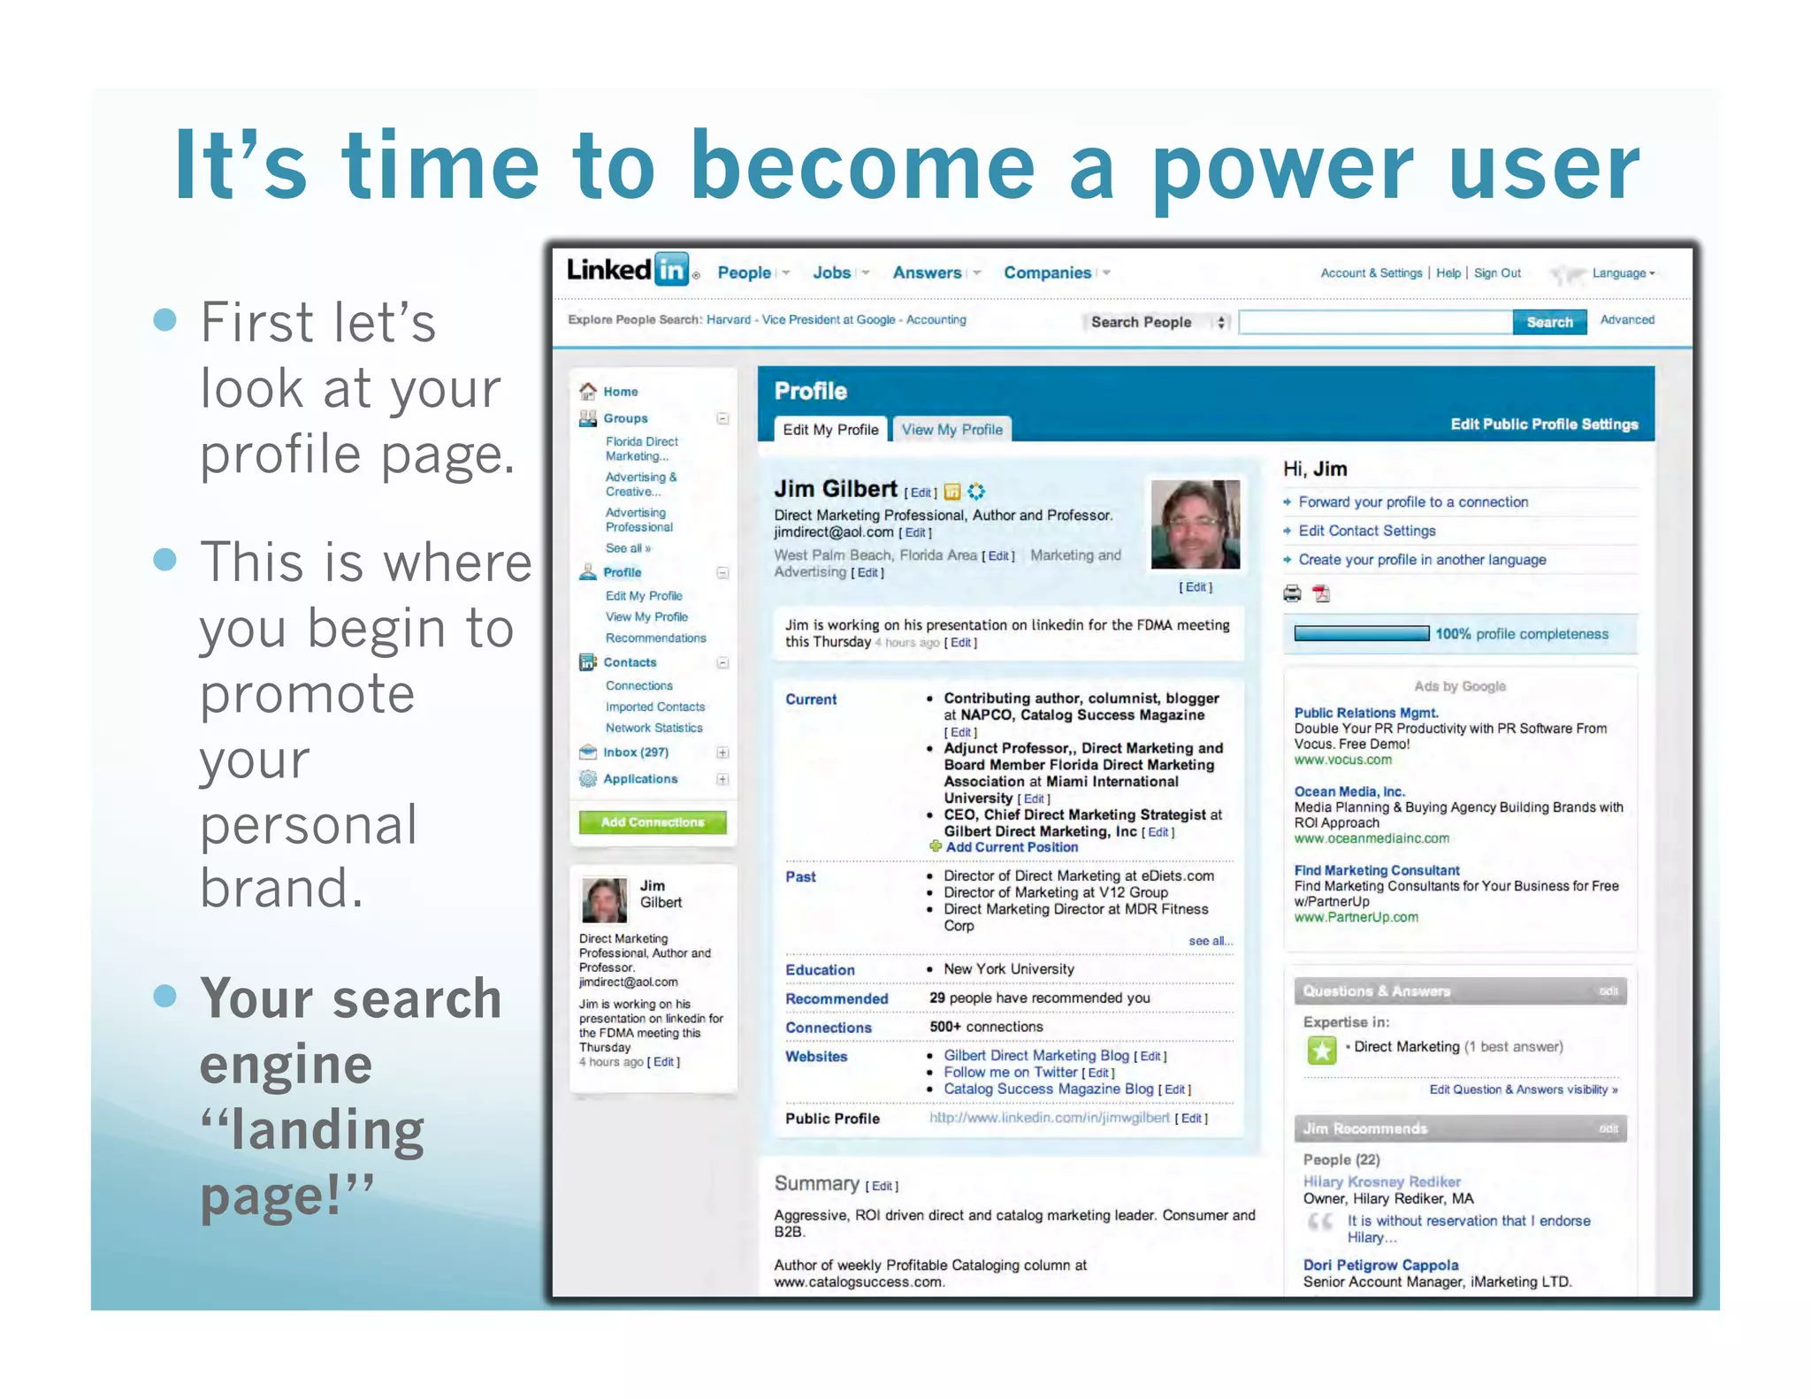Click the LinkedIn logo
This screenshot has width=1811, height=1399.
point(628,269)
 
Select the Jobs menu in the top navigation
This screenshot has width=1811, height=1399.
point(831,273)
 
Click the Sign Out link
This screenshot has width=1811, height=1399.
point(1497,273)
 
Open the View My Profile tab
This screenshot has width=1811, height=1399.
point(951,430)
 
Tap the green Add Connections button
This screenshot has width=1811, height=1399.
point(653,822)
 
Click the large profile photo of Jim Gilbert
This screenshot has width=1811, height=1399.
point(1195,524)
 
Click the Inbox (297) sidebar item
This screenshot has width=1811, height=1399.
point(635,753)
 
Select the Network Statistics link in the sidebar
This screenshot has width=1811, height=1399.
point(653,728)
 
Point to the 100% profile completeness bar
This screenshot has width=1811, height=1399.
point(1361,633)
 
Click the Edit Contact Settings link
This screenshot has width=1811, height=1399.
point(1366,531)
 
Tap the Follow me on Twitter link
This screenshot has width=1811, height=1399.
point(1010,1072)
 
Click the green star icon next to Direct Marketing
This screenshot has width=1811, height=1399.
point(1321,1050)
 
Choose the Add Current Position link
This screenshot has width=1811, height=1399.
point(1011,847)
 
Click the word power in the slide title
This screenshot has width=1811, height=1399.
point(1282,168)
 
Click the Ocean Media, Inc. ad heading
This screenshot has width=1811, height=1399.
point(1349,791)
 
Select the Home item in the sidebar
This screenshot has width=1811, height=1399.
point(620,392)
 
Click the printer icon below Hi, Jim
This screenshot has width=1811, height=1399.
point(1292,593)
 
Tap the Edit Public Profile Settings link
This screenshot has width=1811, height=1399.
point(1543,424)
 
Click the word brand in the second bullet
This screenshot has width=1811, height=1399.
point(281,888)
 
